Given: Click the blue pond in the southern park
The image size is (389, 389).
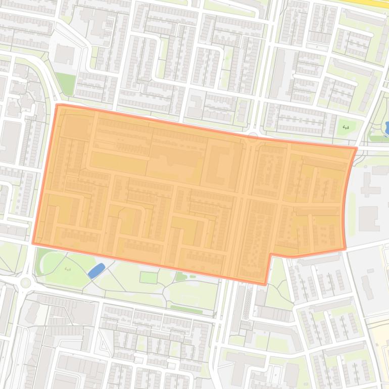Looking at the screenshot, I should pyautogui.click(x=96, y=271).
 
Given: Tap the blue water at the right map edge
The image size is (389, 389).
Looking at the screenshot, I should pyautogui.click(x=386, y=128).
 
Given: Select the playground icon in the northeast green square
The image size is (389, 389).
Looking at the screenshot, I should pyautogui.click(x=346, y=127).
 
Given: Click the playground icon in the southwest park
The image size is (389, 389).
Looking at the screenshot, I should pyautogui.click(x=67, y=268).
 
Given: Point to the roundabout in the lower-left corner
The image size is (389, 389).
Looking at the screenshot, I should pyautogui.click(x=26, y=283).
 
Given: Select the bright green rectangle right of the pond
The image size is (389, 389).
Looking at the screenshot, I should pyautogui.click(x=148, y=277).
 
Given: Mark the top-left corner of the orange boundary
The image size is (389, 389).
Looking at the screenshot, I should pyautogui.click(x=57, y=105).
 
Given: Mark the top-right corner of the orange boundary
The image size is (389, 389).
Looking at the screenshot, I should pyautogui.click(x=356, y=149).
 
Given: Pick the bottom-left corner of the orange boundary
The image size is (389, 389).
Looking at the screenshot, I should pyautogui.click(x=33, y=243).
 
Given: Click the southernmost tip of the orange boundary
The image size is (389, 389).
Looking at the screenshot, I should pyautogui.click(x=265, y=284).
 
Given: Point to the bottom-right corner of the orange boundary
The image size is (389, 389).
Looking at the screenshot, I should pyautogui.click(x=345, y=249).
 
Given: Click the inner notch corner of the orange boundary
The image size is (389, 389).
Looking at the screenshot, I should pyautogui.click(x=271, y=254).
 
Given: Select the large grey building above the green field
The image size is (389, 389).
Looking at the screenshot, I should pyautogui.click(x=65, y=54).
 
